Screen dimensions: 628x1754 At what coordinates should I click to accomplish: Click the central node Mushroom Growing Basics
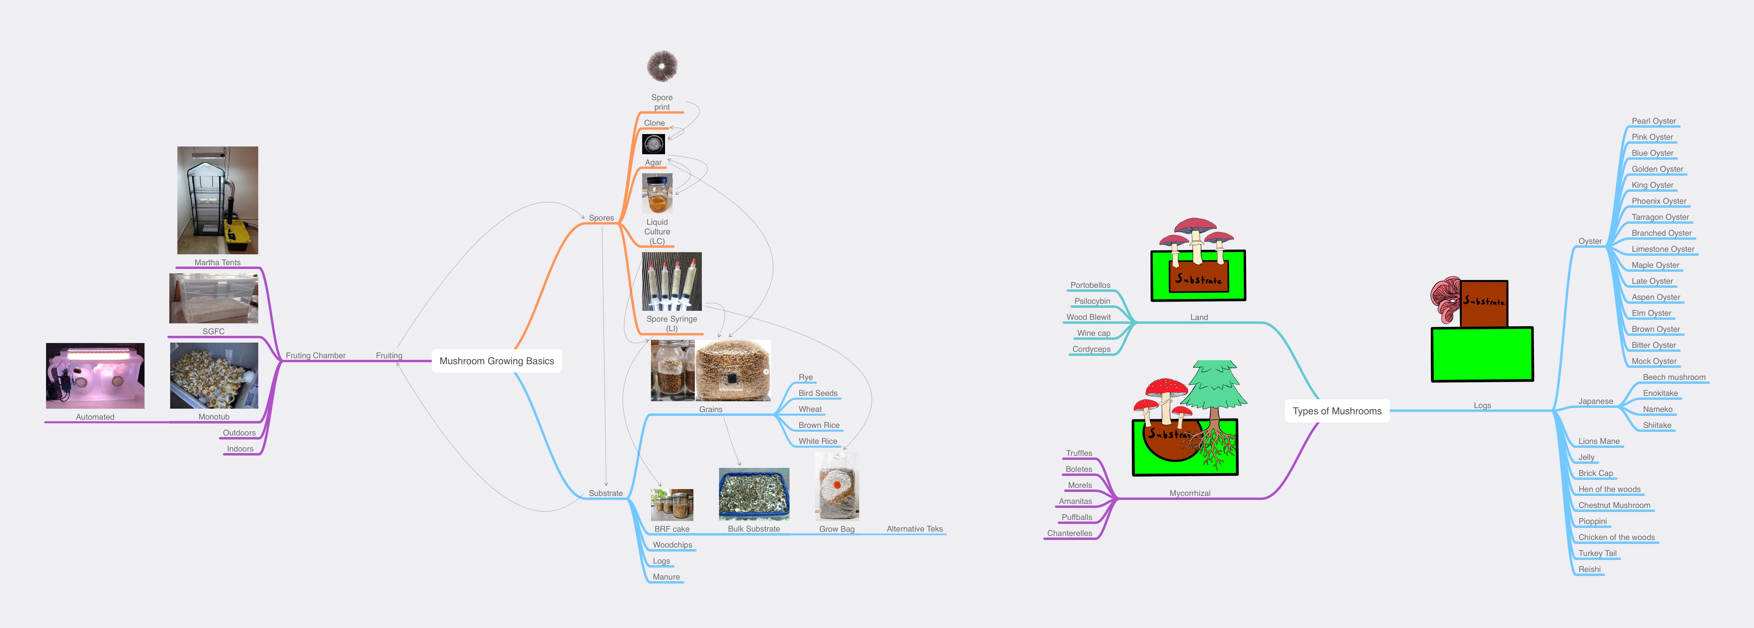click(496, 361)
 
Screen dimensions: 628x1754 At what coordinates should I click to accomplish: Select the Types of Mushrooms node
click(1337, 411)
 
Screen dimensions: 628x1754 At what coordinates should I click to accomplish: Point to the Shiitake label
click(1657, 425)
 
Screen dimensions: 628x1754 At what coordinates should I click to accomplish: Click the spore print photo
click(662, 66)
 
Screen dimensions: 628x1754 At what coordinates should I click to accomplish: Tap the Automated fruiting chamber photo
click(95, 376)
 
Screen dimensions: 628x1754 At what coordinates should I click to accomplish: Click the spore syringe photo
click(671, 282)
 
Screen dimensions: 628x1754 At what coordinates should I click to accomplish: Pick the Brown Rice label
click(818, 425)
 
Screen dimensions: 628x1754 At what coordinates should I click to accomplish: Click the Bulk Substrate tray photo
click(754, 494)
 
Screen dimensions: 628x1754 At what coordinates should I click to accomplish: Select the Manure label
click(666, 577)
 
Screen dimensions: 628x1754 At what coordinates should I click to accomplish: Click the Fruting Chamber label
click(315, 356)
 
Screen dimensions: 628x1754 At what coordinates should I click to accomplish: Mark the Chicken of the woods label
click(1616, 538)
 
